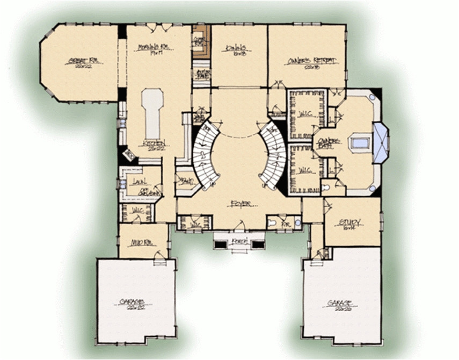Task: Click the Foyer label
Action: click(239, 203)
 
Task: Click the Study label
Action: click(351, 222)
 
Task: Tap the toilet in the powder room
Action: click(272, 222)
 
